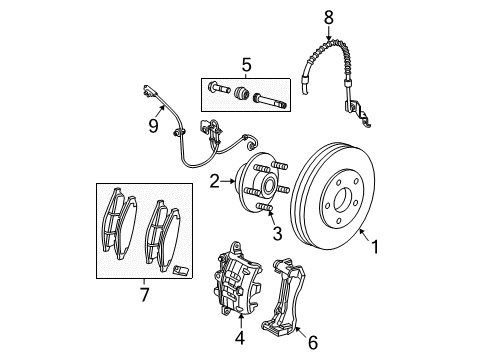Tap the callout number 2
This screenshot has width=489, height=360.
[214, 181]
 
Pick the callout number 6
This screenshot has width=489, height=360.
[312, 343]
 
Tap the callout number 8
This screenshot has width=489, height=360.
[326, 16]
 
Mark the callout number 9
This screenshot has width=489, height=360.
[154, 126]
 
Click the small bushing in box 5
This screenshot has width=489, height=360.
[241, 96]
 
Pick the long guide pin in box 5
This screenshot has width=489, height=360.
[270, 98]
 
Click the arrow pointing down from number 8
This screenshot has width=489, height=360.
[326, 33]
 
